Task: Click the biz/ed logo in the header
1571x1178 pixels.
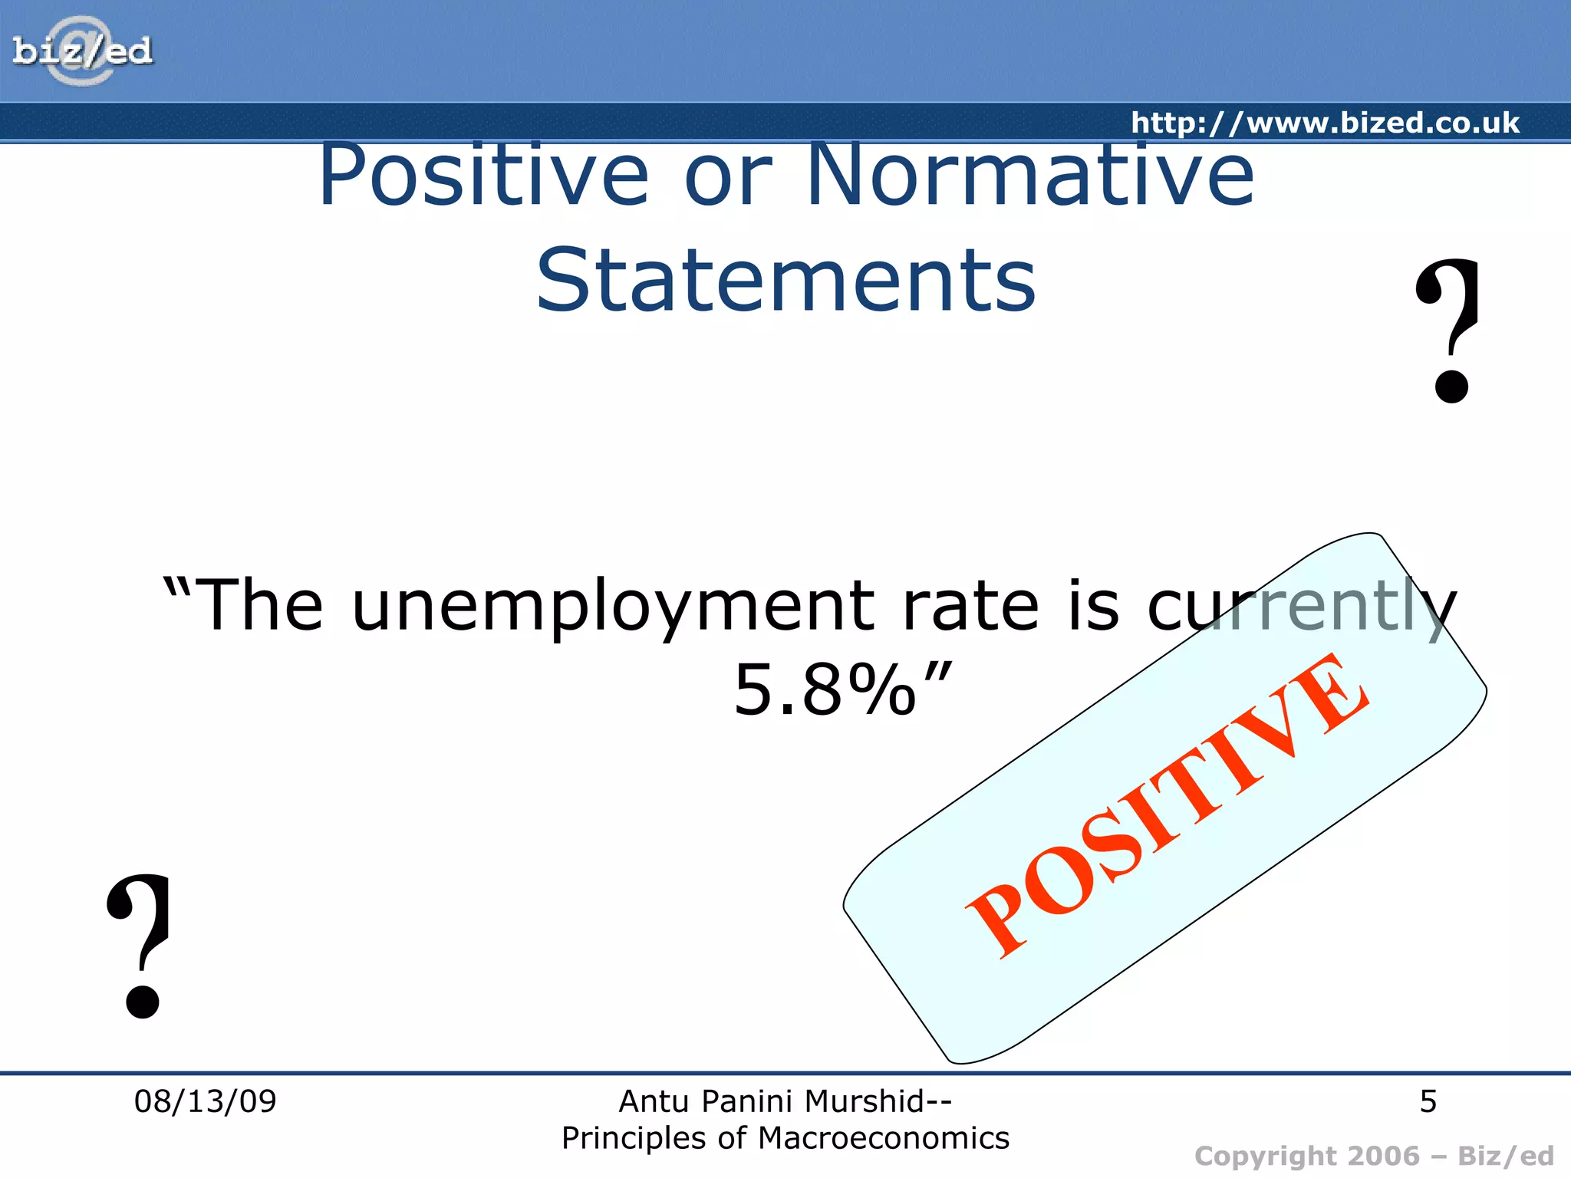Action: pos(82,51)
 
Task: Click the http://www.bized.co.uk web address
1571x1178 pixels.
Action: pos(1325,123)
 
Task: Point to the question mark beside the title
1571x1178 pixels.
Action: pos(1448,330)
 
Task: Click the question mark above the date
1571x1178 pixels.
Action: pos(140,945)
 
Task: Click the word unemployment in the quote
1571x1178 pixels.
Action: pos(612,606)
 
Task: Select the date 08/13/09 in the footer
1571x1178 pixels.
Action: pos(205,1101)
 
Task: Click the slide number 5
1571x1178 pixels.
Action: pos(1428,1101)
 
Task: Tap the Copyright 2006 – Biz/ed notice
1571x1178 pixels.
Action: pos(1374,1155)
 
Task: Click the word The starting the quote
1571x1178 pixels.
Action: pos(261,606)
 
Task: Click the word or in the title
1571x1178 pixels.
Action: pos(727,176)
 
